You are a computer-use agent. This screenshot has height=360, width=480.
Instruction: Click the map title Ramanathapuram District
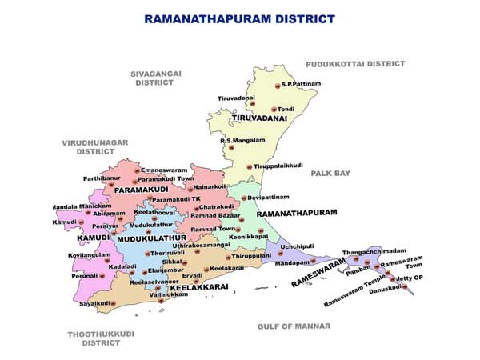tap(239, 18)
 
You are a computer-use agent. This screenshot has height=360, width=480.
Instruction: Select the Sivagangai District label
tap(157, 78)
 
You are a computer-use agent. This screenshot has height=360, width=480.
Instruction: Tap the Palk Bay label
tap(330, 173)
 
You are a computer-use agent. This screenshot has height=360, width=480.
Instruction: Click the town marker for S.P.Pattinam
tap(275, 84)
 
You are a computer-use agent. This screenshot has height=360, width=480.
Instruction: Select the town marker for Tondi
tap(274, 109)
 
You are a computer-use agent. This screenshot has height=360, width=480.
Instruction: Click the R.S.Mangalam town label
tap(242, 140)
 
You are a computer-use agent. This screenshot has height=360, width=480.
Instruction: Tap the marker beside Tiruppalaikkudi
tap(250, 167)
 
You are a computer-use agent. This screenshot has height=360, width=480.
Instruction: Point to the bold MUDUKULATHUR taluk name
tap(151, 238)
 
